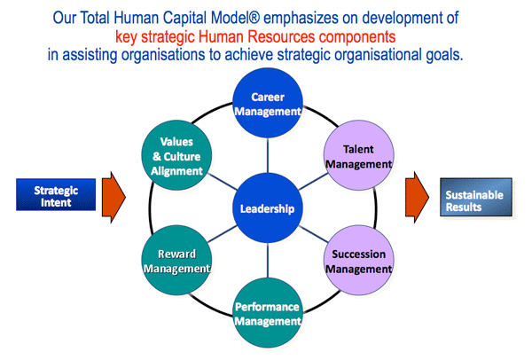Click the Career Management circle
click(x=268, y=103)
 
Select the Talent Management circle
click(x=358, y=155)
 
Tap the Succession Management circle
click(x=358, y=260)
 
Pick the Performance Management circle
click(x=268, y=313)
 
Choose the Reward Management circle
click(x=176, y=260)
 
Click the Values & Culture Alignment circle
click(x=176, y=155)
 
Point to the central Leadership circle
click(x=268, y=208)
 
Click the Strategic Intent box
click(x=56, y=195)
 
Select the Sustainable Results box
click(x=476, y=197)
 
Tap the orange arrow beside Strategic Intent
click(x=113, y=197)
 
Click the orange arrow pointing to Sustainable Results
click(x=417, y=197)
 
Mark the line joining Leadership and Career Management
click(x=268, y=155)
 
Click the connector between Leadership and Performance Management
click(x=268, y=261)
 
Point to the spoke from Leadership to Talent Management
click(x=313, y=182)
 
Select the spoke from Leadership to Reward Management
click(x=223, y=234)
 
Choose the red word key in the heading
click(x=126, y=37)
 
